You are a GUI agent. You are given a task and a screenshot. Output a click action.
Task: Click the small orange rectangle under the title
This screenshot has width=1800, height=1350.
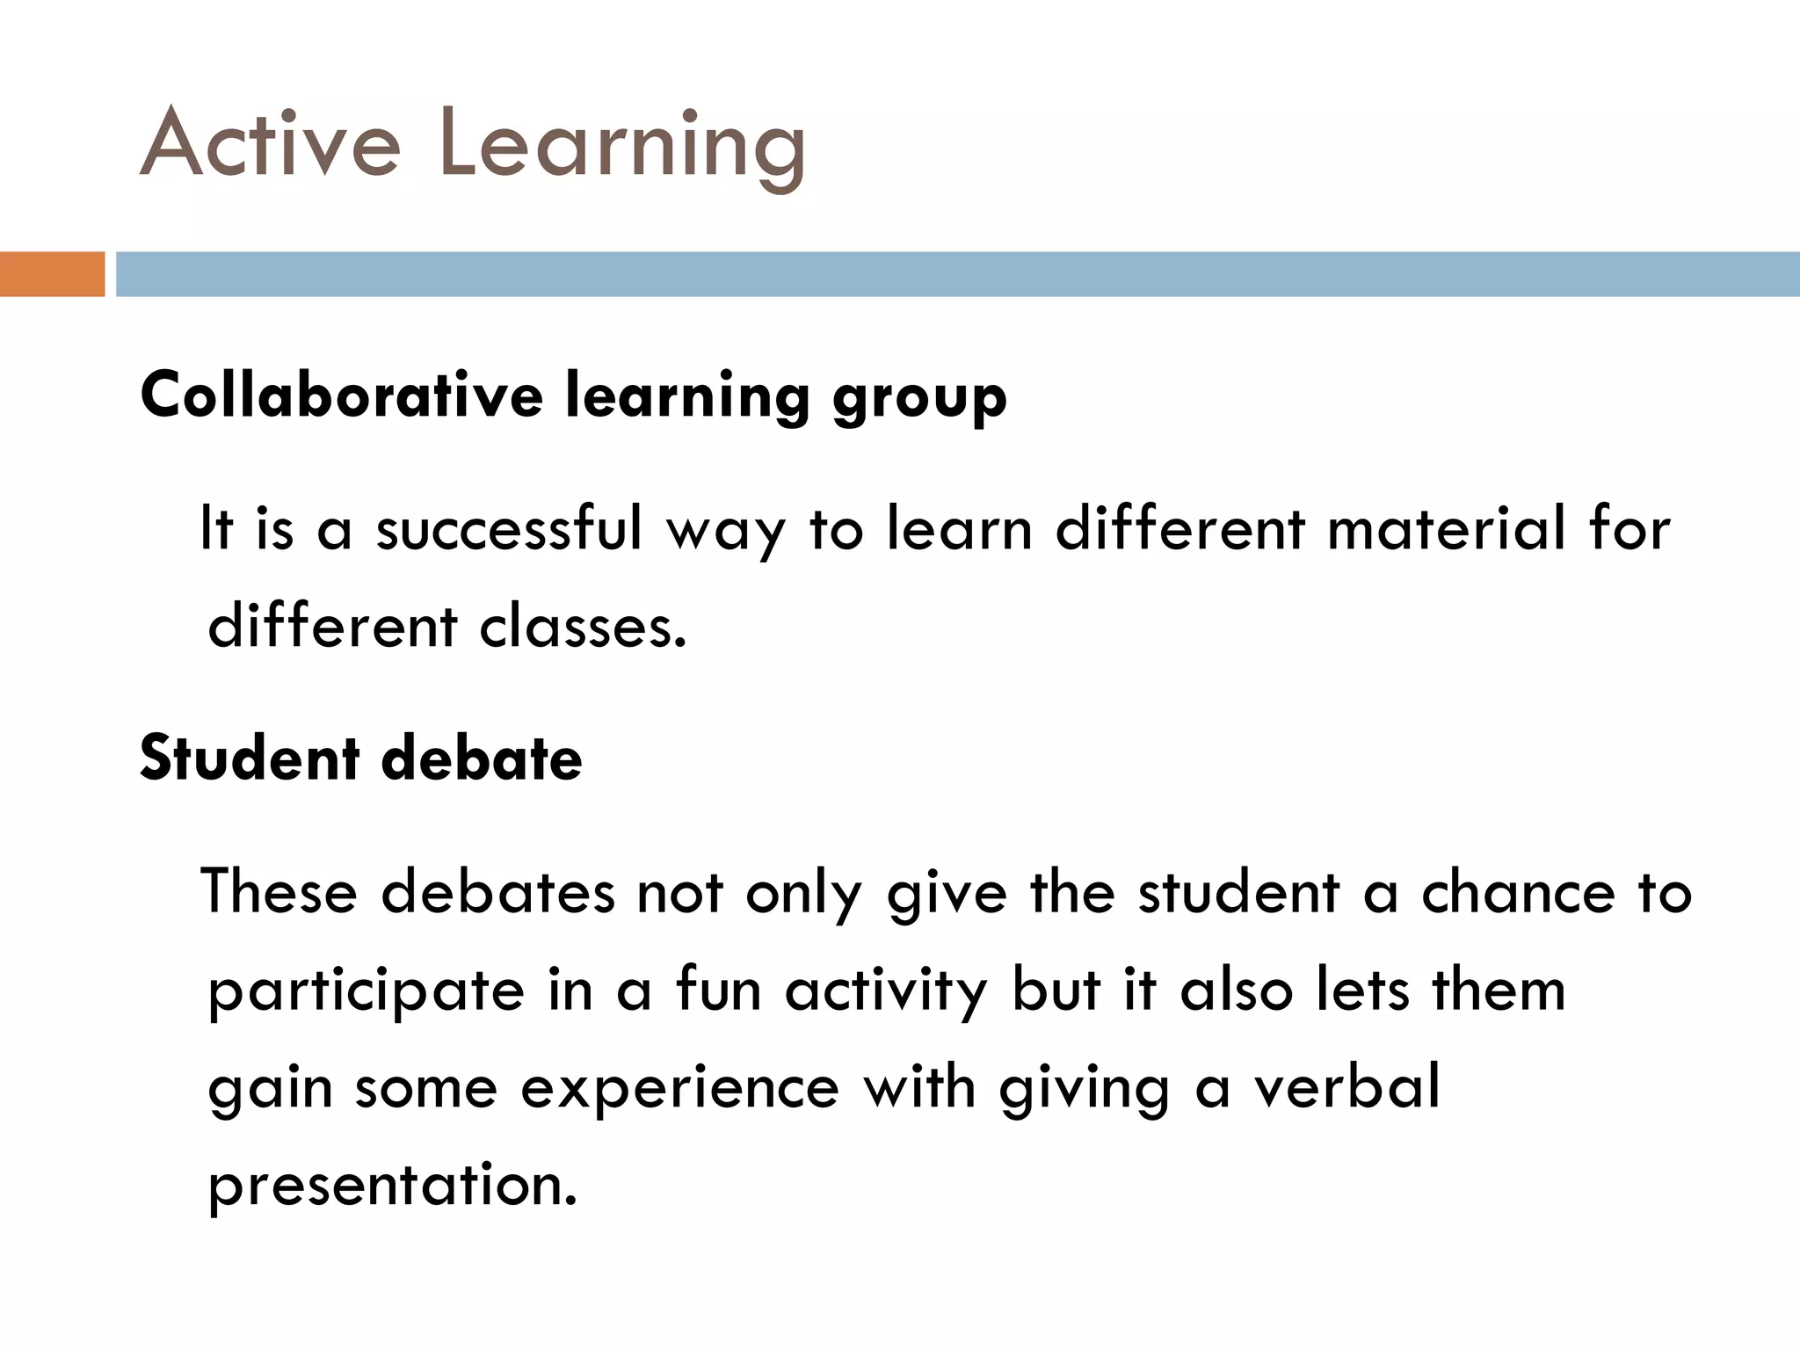[52, 274]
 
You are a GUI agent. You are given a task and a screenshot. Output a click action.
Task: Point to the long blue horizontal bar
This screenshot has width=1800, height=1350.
[957, 274]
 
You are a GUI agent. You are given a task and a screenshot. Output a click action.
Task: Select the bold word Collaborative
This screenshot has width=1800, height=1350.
[342, 396]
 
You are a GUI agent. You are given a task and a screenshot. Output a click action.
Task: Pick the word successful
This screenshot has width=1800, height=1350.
[509, 529]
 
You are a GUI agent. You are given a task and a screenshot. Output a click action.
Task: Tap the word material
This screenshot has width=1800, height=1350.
[1447, 529]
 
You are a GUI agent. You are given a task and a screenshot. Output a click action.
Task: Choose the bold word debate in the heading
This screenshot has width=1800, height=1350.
[482, 758]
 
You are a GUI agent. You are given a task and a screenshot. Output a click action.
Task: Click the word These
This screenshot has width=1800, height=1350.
[279, 892]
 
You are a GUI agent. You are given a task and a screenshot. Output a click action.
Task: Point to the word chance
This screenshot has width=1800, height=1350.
[1518, 892]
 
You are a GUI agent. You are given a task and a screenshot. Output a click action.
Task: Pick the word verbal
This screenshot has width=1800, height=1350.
[1346, 1086]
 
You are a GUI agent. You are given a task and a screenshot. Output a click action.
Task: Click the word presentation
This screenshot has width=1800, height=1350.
[392, 1187]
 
